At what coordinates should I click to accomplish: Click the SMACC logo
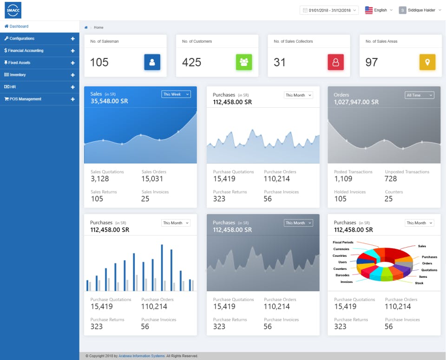click(x=13, y=10)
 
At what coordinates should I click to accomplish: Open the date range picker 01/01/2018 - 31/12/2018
click(x=329, y=10)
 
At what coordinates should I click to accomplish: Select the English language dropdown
click(x=379, y=10)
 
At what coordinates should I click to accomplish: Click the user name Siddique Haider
click(x=421, y=10)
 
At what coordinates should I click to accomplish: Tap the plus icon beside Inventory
click(x=72, y=75)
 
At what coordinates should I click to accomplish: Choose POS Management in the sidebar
click(x=25, y=99)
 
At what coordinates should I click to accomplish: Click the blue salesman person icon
click(x=152, y=62)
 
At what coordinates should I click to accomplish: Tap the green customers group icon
click(x=244, y=62)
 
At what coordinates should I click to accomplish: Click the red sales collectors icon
click(x=335, y=62)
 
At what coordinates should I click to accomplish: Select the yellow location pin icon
click(x=427, y=62)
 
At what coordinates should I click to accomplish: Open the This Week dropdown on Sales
click(x=176, y=94)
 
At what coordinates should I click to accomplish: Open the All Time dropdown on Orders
click(x=419, y=95)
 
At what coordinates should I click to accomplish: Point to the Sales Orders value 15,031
click(x=152, y=179)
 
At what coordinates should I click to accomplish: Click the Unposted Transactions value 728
click(x=391, y=179)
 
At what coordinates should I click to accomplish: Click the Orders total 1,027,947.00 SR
click(x=356, y=102)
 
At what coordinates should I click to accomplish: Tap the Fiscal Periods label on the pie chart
click(x=343, y=242)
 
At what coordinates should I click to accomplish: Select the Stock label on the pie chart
click(x=419, y=283)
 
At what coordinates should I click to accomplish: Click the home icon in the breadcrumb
click(x=86, y=27)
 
